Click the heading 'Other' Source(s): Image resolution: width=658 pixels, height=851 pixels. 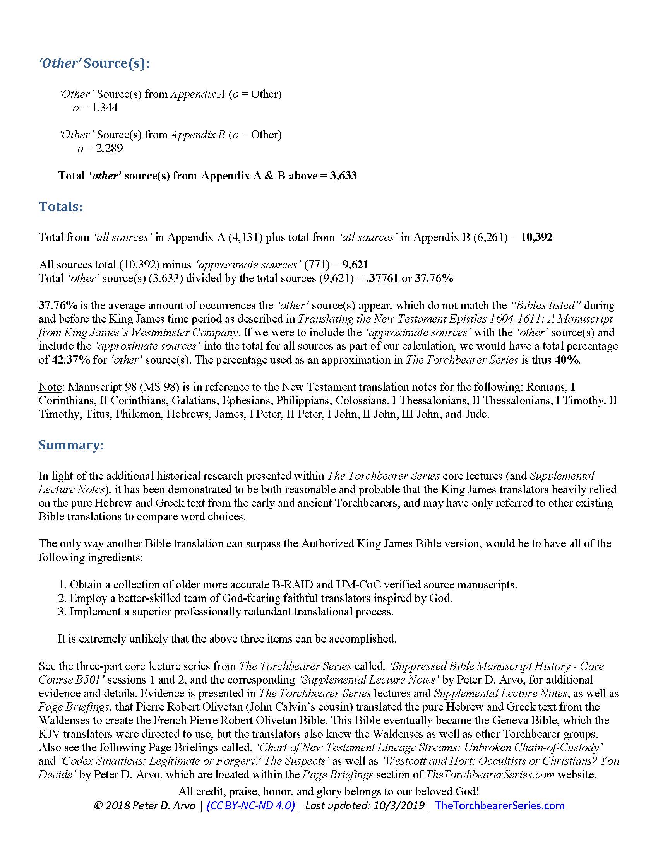point(94,63)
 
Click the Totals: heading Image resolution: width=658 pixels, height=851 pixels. point(61,207)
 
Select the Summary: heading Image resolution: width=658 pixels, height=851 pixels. point(71,445)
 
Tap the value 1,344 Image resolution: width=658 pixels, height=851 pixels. point(105,108)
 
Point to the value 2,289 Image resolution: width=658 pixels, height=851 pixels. point(110,148)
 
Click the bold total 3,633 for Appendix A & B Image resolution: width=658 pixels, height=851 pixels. point(343,176)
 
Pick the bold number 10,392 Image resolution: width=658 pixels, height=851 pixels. point(536,237)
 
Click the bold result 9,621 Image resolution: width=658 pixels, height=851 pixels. point(355,265)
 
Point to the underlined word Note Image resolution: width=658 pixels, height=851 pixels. point(50,387)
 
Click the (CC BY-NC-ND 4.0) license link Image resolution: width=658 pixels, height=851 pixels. point(251,805)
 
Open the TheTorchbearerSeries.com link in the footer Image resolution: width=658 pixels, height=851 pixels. point(500,805)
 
